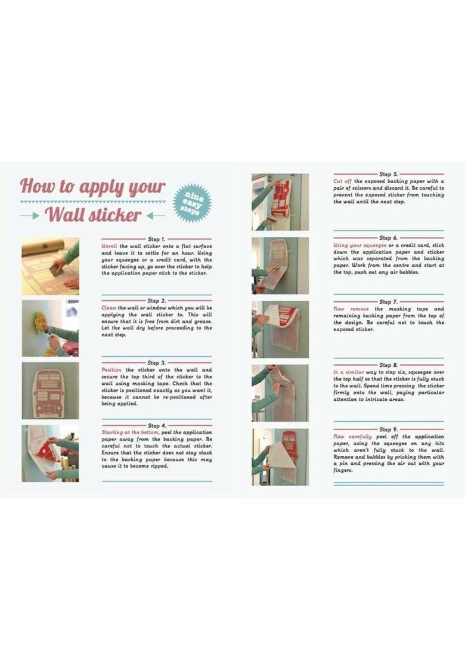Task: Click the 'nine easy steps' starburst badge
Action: (x=193, y=203)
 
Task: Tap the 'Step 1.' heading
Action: (x=156, y=239)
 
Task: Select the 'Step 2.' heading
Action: (x=156, y=301)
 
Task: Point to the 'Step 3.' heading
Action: (x=156, y=363)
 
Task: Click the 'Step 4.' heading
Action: (x=157, y=425)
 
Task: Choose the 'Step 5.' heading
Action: (x=388, y=174)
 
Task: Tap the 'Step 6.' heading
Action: (x=388, y=238)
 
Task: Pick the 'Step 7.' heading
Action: (x=388, y=302)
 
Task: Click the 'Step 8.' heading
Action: (x=388, y=365)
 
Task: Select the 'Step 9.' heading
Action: (x=388, y=429)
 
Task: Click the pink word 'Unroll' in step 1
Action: (x=110, y=246)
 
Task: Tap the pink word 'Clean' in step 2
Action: (x=108, y=308)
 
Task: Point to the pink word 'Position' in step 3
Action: (x=111, y=370)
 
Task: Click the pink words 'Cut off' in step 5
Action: (x=342, y=181)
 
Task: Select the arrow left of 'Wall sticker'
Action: (x=30, y=216)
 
